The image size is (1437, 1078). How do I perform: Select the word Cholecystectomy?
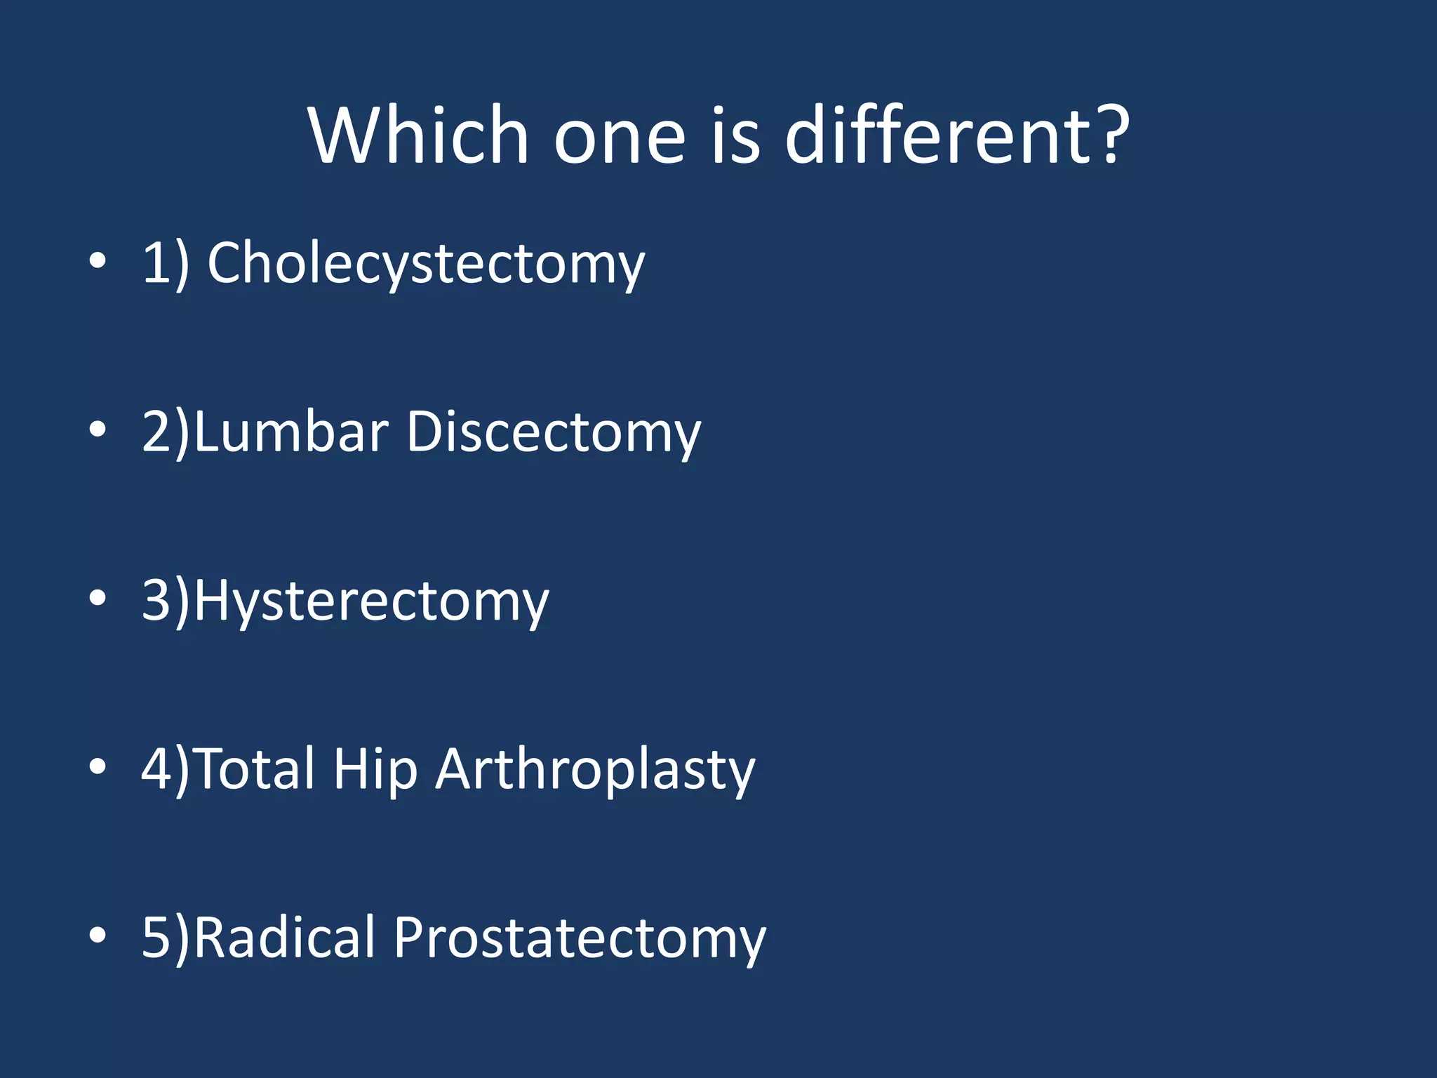pyautogui.click(x=426, y=264)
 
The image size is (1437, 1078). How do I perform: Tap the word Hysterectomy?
pyautogui.click(x=371, y=601)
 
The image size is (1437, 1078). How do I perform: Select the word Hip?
pyautogui.click(x=375, y=771)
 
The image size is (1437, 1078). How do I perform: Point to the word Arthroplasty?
pyautogui.click(x=595, y=771)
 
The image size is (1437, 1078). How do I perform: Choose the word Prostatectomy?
pyautogui.click(x=580, y=939)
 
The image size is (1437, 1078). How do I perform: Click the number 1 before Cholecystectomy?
pyautogui.click(x=155, y=263)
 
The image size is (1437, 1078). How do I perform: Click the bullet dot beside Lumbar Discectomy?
pyautogui.click(x=98, y=429)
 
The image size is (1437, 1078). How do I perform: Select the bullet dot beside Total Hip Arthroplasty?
pyautogui.click(x=98, y=766)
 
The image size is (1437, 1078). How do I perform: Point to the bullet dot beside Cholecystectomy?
pyautogui.click(x=98, y=260)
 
